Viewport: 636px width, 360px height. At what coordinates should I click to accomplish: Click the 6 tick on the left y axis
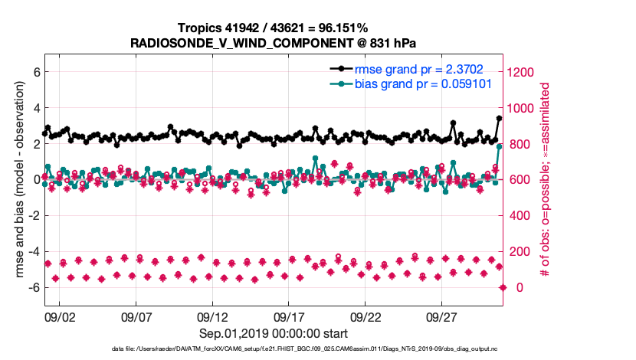(x=35, y=72)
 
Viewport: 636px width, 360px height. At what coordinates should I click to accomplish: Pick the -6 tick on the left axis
(x=33, y=287)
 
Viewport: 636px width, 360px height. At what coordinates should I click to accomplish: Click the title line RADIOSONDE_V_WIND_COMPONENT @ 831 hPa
(x=274, y=43)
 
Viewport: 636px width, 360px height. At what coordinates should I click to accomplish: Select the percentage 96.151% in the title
(x=337, y=28)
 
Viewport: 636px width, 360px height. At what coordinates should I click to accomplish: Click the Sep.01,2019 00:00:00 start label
(x=274, y=333)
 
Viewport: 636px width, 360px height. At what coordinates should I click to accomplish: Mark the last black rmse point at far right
(x=499, y=118)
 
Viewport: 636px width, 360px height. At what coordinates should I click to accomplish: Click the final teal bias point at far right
(x=499, y=146)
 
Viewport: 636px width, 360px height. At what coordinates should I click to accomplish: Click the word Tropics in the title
(x=203, y=28)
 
